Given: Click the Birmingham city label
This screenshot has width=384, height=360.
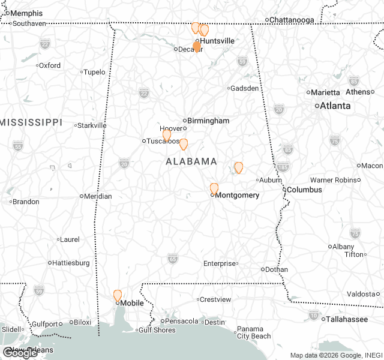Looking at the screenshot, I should (208, 121).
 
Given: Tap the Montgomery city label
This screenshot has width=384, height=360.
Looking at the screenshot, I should (237, 195).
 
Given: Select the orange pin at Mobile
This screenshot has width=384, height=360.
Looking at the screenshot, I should (118, 295).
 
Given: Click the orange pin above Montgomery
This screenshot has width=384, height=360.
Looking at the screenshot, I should (214, 188).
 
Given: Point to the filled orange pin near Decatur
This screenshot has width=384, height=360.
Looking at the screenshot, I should (196, 47).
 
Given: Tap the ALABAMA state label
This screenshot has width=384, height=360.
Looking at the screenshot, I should (191, 161).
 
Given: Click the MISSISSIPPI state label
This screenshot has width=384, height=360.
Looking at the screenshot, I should (31, 122).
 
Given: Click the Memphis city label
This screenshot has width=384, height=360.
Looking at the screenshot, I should (27, 13).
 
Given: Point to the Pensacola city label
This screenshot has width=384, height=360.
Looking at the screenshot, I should (181, 321).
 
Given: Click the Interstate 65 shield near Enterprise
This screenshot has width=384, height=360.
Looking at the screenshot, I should (173, 258).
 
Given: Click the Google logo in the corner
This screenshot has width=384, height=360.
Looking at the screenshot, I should (20, 353).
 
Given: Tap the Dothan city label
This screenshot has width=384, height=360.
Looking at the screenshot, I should (276, 269).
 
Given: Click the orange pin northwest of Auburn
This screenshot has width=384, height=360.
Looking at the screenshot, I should (239, 167).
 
